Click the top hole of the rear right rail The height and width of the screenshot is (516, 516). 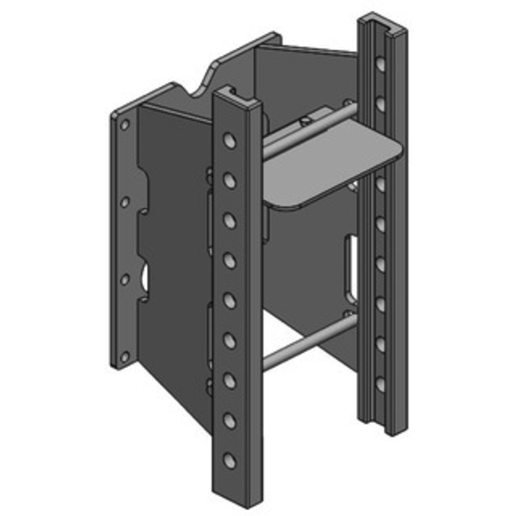point(381,64)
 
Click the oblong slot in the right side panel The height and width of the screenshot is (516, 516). point(352,267)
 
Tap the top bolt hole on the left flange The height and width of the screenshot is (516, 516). point(125,124)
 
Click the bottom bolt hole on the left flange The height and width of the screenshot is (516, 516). point(125,354)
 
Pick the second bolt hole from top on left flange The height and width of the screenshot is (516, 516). point(125,203)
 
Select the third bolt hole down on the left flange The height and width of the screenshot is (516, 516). point(125,279)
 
